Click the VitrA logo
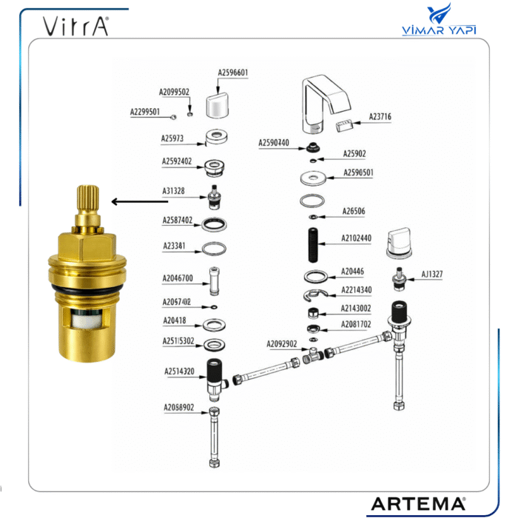pyautogui.click(x=75, y=26)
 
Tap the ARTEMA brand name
pyautogui.click(x=418, y=503)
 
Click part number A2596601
pyautogui.click(x=233, y=73)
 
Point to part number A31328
pyautogui.click(x=174, y=191)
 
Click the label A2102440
pyautogui.click(x=357, y=238)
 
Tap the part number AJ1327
pyautogui.click(x=433, y=274)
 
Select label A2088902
pyautogui.click(x=178, y=407)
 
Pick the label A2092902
pyautogui.click(x=282, y=343)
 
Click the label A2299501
pyautogui.click(x=145, y=112)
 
